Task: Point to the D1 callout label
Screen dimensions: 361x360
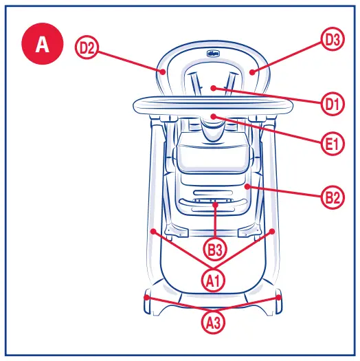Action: tap(333, 104)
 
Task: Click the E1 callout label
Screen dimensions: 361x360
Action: tap(332, 144)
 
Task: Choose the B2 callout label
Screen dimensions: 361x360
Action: tap(333, 198)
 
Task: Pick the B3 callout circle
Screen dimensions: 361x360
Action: tap(215, 248)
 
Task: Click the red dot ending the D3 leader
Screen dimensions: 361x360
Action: tap(252, 70)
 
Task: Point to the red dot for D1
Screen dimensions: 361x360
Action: tap(214, 87)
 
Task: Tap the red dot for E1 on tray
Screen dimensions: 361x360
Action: tap(214, 116)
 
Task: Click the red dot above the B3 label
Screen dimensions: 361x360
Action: tap(215, 205)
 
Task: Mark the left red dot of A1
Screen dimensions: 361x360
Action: tap(157, 231)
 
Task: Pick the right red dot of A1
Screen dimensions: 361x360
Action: tap(273, 231)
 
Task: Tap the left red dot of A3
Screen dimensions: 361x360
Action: tap(148, 297)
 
